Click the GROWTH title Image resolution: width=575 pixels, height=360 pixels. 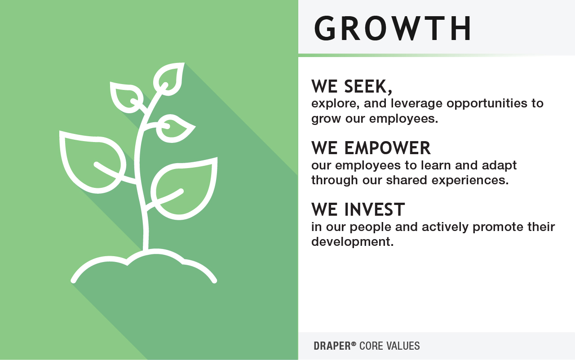pyautogui.click(x=393, y=28)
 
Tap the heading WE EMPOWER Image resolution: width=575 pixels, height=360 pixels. pyautogui.click(x=371, y=147)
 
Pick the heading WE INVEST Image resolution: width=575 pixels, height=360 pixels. pyautogui.click(x=358, y=209)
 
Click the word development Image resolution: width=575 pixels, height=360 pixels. pyautogui.click(x=352, y=242)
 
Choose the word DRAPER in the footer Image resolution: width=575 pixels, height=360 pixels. pyautogui.click(x=332, y=346)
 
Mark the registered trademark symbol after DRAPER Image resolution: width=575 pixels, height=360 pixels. pyautogui.click(x=354, y=344)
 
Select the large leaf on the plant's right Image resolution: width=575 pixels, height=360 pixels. pyautogui.click(x=186, y=187)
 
